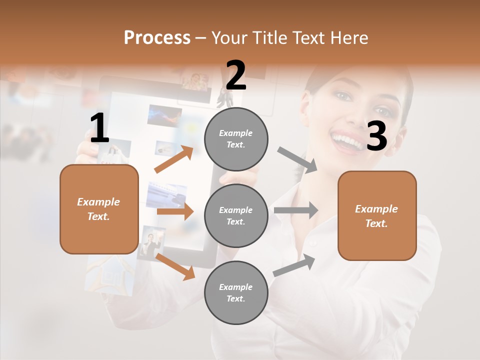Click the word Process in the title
(157, 37)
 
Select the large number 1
(99, 128)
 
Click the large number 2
(236, 75)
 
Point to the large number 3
(376, 136)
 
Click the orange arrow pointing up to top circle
(174, 159)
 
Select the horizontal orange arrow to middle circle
(175, 211)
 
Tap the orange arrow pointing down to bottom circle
(175, 265)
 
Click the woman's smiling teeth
(347, 139)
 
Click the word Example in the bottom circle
(236, 287)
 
